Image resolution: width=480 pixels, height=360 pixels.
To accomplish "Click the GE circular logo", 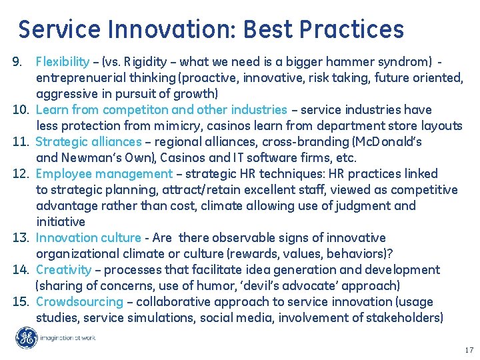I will [x=27, y=337].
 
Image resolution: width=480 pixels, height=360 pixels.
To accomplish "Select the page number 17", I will [x=469, y=349].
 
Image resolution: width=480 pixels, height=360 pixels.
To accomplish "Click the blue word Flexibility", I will [x=63, y=62].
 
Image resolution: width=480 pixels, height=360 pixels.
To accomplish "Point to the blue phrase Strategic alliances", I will [x=88, y=141].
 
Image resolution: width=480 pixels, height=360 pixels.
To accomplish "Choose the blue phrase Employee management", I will [x=104, y=173].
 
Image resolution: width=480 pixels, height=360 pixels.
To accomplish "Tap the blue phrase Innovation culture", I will [x=88, y=238].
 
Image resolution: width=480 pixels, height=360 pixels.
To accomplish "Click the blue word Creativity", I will [x=63, y=270].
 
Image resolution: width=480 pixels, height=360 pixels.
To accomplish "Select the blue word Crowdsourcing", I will [x=79, y=302].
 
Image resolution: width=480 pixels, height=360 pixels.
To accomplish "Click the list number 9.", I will [x=19, y=62].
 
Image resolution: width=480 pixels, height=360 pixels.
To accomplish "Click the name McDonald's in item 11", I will [x=391, y=141].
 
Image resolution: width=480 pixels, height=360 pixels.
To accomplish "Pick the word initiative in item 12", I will [x=60, y=222].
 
